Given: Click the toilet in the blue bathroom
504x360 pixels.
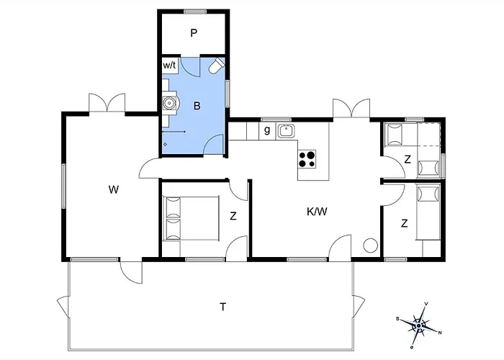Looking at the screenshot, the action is pos(217,66).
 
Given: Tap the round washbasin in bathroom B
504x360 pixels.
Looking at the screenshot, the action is pos(168,103).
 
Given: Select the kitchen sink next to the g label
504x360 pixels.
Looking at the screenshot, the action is pos(285,131).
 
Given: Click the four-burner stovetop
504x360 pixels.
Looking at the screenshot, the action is pos(307,159).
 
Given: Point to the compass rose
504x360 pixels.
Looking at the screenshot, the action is pos(419,325).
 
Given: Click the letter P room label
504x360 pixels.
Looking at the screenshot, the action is pos(194,33).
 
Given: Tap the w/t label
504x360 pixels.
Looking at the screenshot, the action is pos(169,66).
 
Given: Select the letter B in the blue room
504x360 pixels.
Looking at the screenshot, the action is pos(197,106).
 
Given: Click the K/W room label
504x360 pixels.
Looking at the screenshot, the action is pos(317,212).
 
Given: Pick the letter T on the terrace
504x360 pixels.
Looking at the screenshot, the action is pos(222,307).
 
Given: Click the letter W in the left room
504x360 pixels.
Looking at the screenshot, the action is pos(114,189).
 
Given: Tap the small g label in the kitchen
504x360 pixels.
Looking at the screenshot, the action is pos(267,130).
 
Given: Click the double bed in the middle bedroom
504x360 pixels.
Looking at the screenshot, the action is pos(191,218).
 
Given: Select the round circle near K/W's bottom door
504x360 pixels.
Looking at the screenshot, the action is pos(370,246).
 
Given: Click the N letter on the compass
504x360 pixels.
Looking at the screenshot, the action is pos(440,333).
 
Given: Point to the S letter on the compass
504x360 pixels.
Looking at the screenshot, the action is pos(397,319).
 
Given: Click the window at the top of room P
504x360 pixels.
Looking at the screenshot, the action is pos(195,12).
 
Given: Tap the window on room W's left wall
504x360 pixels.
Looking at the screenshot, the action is pos(63,186).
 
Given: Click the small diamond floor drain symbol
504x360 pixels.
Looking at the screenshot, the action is pos(165,144).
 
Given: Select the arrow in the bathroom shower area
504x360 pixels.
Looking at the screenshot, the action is pos(174,132).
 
